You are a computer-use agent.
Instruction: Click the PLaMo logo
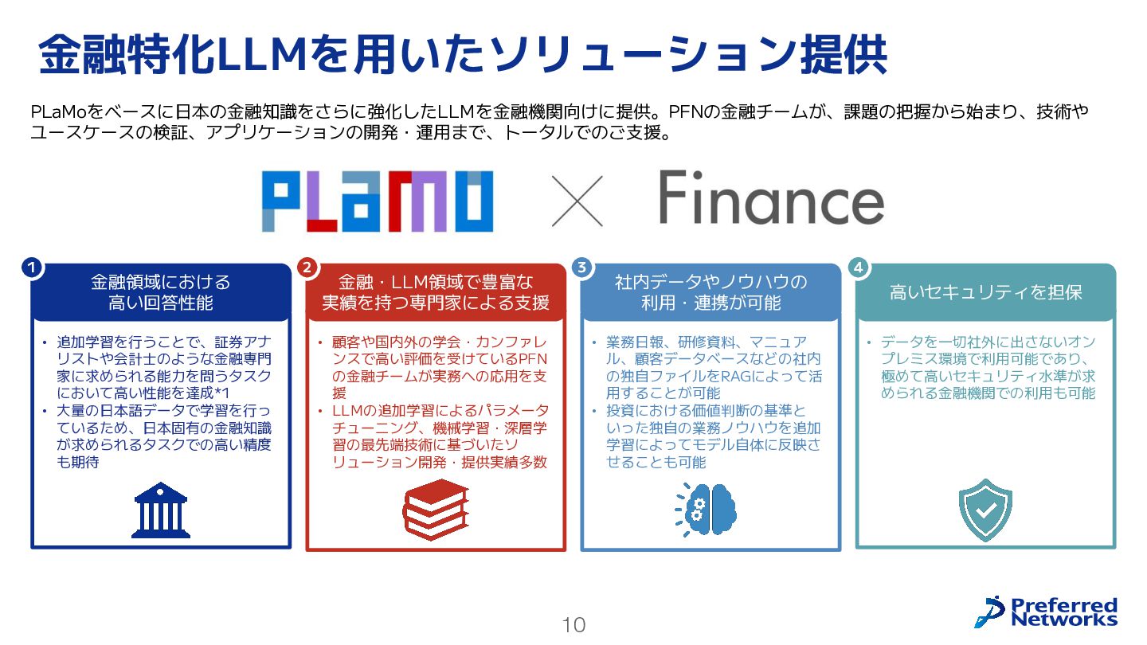pos(377,201)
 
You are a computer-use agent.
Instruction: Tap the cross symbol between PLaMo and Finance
pos(577,200)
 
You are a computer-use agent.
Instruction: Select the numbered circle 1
pos(32,268)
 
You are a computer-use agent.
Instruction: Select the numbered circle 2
pos(307,268)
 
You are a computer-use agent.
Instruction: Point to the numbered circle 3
pos(582,268)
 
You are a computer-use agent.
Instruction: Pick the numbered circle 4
pos(858,268)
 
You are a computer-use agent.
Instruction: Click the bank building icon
pos(160,510)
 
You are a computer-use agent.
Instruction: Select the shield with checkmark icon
pos(985,510)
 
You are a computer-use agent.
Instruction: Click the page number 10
pos(573,625)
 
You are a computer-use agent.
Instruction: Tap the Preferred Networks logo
pos(1045,612)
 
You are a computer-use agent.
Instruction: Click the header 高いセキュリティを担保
pos(985,292)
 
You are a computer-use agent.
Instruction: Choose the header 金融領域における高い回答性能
pos(161,292)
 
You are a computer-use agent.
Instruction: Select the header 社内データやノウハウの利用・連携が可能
pos(711,292)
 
